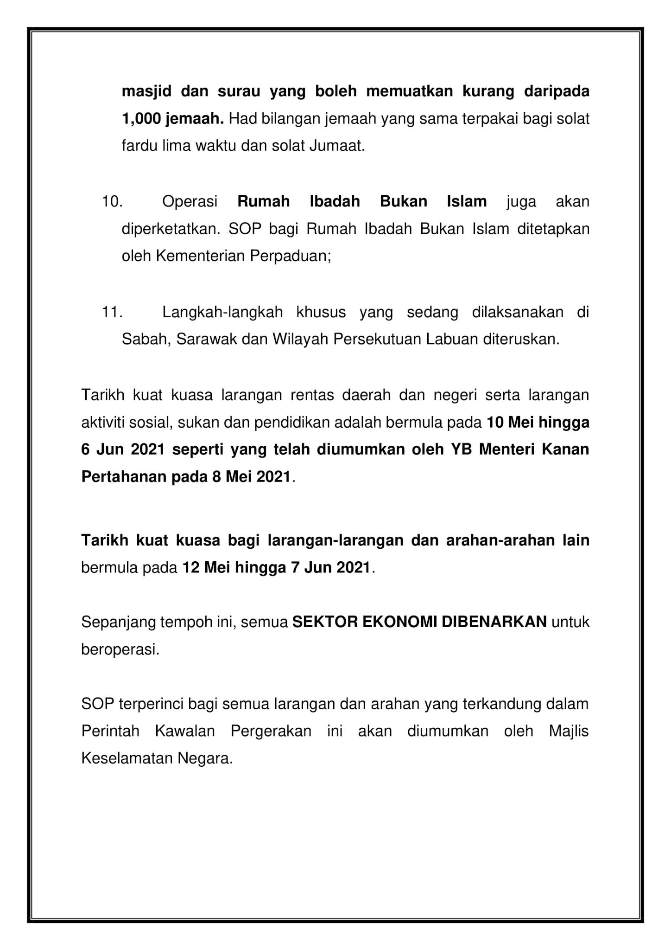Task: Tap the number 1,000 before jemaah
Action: [140, 119]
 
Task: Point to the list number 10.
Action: [112, 202]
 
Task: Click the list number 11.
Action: [112, 312]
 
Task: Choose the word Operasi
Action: [190, 202]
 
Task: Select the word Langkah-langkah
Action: [222, 312]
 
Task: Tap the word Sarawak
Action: [206, 340]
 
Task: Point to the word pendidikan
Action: [288, 423]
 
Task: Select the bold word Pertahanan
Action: [124, 477]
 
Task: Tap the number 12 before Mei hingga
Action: [190, 567]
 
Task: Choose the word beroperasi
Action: [120, 649]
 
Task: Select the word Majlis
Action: [569, 732]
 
